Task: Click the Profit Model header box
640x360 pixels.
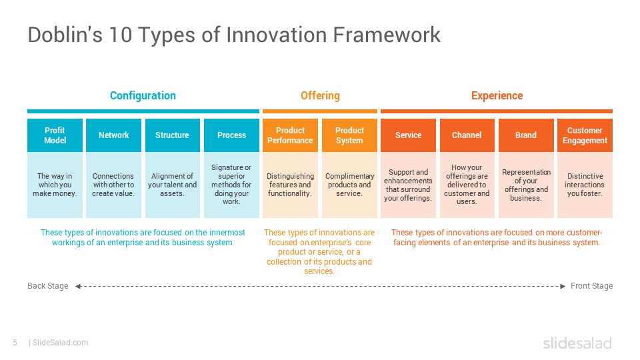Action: pos(55,135)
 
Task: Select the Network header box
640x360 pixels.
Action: pos(113,135)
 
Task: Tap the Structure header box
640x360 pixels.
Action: pos(172,135)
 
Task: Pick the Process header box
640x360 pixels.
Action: pos(231,135)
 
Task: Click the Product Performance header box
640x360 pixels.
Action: pos(290,135)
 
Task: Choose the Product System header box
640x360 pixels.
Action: pos(349,135)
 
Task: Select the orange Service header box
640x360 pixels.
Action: pos(408,135)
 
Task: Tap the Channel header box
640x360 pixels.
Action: pos(467,135)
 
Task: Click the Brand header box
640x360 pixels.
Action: pos(526,135)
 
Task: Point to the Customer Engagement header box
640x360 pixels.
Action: pos(585,135)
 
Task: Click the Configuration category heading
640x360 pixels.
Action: pos(143,95)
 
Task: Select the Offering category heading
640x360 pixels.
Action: pos(320,95)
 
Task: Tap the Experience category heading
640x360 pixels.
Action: pos(497,95)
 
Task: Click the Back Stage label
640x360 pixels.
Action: pos(47,286)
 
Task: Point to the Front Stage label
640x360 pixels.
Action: pos(591,286)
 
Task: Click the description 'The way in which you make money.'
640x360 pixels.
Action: pos(55,185)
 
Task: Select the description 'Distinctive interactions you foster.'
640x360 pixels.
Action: pos(585,185)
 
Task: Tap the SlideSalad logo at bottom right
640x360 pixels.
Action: pos(577,343)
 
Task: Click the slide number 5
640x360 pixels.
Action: pos(15,343)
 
